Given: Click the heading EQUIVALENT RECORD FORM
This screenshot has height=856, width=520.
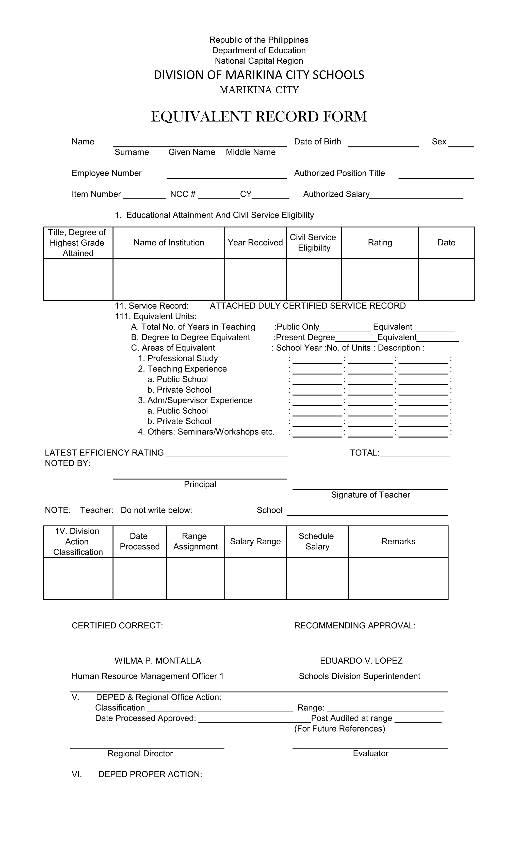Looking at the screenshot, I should [259, 117].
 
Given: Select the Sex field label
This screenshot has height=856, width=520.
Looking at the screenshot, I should [439, 142].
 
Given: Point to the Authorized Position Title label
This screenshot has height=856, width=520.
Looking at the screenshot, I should [339, 173].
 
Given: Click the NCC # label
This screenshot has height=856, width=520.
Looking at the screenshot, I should [183, 194].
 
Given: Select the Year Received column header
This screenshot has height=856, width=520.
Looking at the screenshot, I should [255, 243].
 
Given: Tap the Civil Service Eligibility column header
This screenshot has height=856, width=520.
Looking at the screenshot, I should [314, 243].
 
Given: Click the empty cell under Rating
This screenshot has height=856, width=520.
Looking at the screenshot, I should [380, 279].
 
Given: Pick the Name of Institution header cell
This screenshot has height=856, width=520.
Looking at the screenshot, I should [169, 243].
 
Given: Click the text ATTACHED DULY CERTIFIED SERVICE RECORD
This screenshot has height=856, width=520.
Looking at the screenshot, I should [308, 306].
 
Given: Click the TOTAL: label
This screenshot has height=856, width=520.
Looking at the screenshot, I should [364, 453].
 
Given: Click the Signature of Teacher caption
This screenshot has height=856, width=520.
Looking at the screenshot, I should [370, 495].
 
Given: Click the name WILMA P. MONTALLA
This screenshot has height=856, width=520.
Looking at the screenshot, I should [158, 661].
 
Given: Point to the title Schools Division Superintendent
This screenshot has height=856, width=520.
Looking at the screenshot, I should [360, 676].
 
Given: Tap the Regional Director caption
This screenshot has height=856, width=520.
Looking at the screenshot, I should [140, 753].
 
